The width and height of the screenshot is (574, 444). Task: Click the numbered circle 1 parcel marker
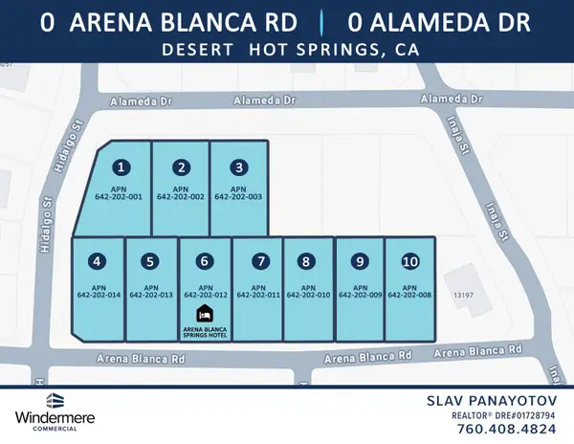point(121,167)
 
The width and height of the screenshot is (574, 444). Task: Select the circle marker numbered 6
point(203,260)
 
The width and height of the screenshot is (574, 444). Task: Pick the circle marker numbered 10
point(409,260)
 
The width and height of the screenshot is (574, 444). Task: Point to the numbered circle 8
point(306,260)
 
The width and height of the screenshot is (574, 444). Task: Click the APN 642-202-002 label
point(181,191)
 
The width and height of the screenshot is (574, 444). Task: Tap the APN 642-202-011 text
point(257,291)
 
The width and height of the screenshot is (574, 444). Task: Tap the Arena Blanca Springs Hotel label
point(204,331)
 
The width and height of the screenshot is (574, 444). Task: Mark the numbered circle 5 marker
point(151,260)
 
